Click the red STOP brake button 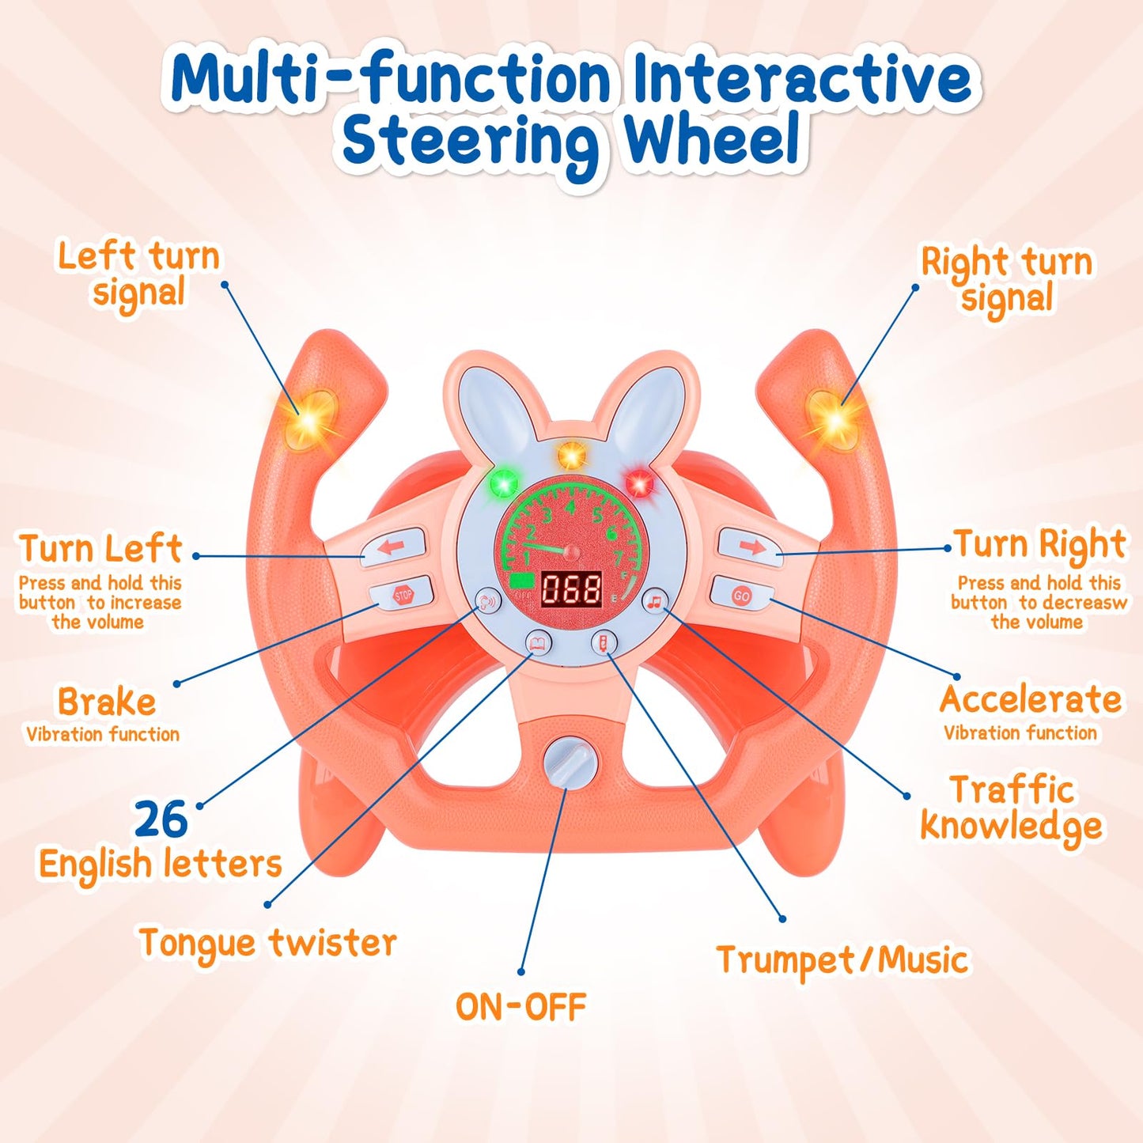tap(403, 595)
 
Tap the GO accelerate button tap(741, 595)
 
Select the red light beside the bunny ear tap(638, 482)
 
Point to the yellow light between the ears tap(570, 455)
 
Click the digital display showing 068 tap(571, 589)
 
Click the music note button tap(654, 601)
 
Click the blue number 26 tap(161, 819)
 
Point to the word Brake tap(106, 702)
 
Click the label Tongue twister tap(267, 943)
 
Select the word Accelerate tap(1031, 699)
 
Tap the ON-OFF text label tap(520, 1007)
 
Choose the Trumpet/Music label tap(842, 960)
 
